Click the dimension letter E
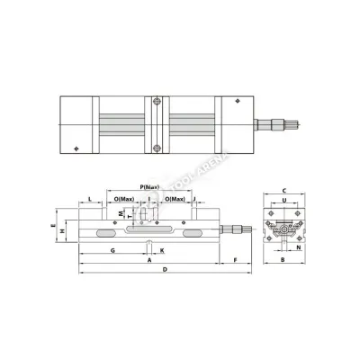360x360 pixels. click(x=53, y=227)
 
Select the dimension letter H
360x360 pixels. click(x=62, y=230)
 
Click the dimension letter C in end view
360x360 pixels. click(x=283, y=191)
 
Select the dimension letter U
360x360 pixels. click(x=283, y=202)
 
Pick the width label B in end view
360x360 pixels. click(x=283, y=260)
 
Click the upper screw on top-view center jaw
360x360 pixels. click(x=157, y=100)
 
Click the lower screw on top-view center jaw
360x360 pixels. click(x=157, y=148)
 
